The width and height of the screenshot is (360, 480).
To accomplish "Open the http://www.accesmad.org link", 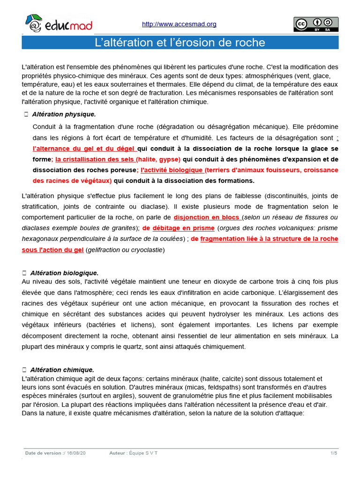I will (x=179, y=24).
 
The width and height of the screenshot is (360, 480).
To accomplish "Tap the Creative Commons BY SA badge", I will (x=315, y=24).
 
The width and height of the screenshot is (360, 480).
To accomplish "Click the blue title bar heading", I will (x=180, y=43).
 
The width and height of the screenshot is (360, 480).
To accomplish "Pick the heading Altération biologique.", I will (x=64, y=273).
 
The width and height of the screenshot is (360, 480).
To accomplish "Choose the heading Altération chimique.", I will (x=62, y=370).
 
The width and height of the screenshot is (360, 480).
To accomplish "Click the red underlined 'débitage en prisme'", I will (x=183, y=228).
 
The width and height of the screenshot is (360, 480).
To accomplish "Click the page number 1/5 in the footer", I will (x=334, y=453).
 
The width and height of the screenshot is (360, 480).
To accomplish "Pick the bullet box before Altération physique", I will (x=26, y=114).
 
